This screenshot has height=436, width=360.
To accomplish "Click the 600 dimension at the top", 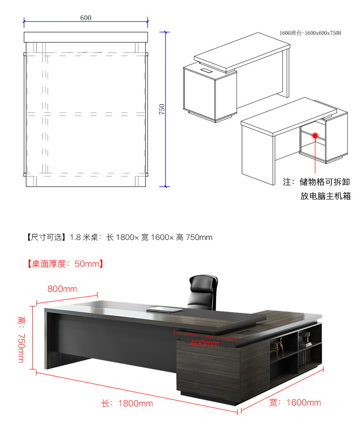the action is point(86,18).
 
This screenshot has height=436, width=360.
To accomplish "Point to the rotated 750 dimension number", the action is point(162,109).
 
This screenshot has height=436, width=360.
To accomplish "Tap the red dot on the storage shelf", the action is point(315,135).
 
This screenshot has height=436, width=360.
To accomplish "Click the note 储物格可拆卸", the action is point(325,182).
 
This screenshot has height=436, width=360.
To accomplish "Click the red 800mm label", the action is point(62,289).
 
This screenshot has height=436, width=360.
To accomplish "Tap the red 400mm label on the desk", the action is point(205,343).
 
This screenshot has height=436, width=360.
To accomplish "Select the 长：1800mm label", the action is point(127,404).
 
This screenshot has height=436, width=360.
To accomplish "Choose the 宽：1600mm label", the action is point(295,402).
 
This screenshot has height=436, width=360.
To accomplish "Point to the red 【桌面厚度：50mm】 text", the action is point(65,264).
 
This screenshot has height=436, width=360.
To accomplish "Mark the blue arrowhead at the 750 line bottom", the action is point(167,185).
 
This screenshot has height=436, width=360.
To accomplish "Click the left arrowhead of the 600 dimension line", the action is point(25,21).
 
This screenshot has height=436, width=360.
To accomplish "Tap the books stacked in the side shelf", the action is point(305,340).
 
